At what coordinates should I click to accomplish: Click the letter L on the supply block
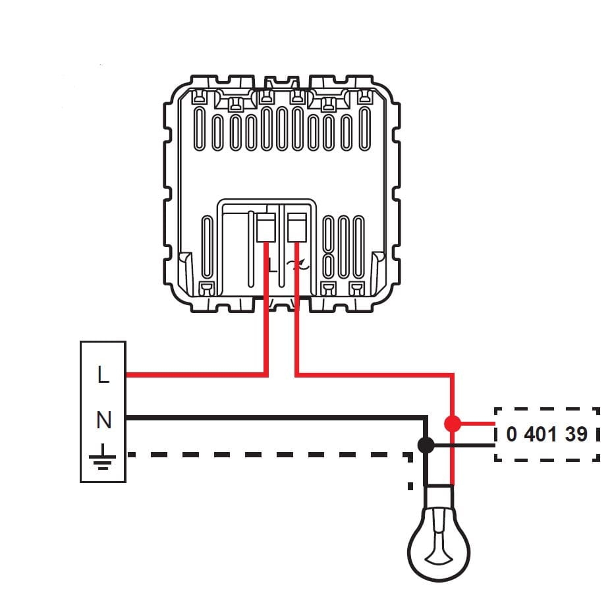pyautogui.click(x=103, y=376)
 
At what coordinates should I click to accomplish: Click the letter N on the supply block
pyautogui.click(x=103, y=419)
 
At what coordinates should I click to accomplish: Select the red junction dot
pyautogui.click(x=452, y=423)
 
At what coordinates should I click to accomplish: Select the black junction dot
pyautogui.click(x=426, y=445)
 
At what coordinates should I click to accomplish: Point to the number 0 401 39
pyautogui.click(x=547, y=435)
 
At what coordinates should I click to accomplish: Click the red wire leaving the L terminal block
pyautogui.click(x=198, y=375)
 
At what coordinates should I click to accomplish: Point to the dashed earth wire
pyautogui.click(x=264, y=454)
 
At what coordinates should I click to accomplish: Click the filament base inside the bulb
pyautogui.click(x=439, y=557)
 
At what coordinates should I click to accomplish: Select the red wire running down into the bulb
pyautogui.click(x=452, y=461)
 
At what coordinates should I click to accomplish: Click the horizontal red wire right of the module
pyautogui.click(x=376, y=375)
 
